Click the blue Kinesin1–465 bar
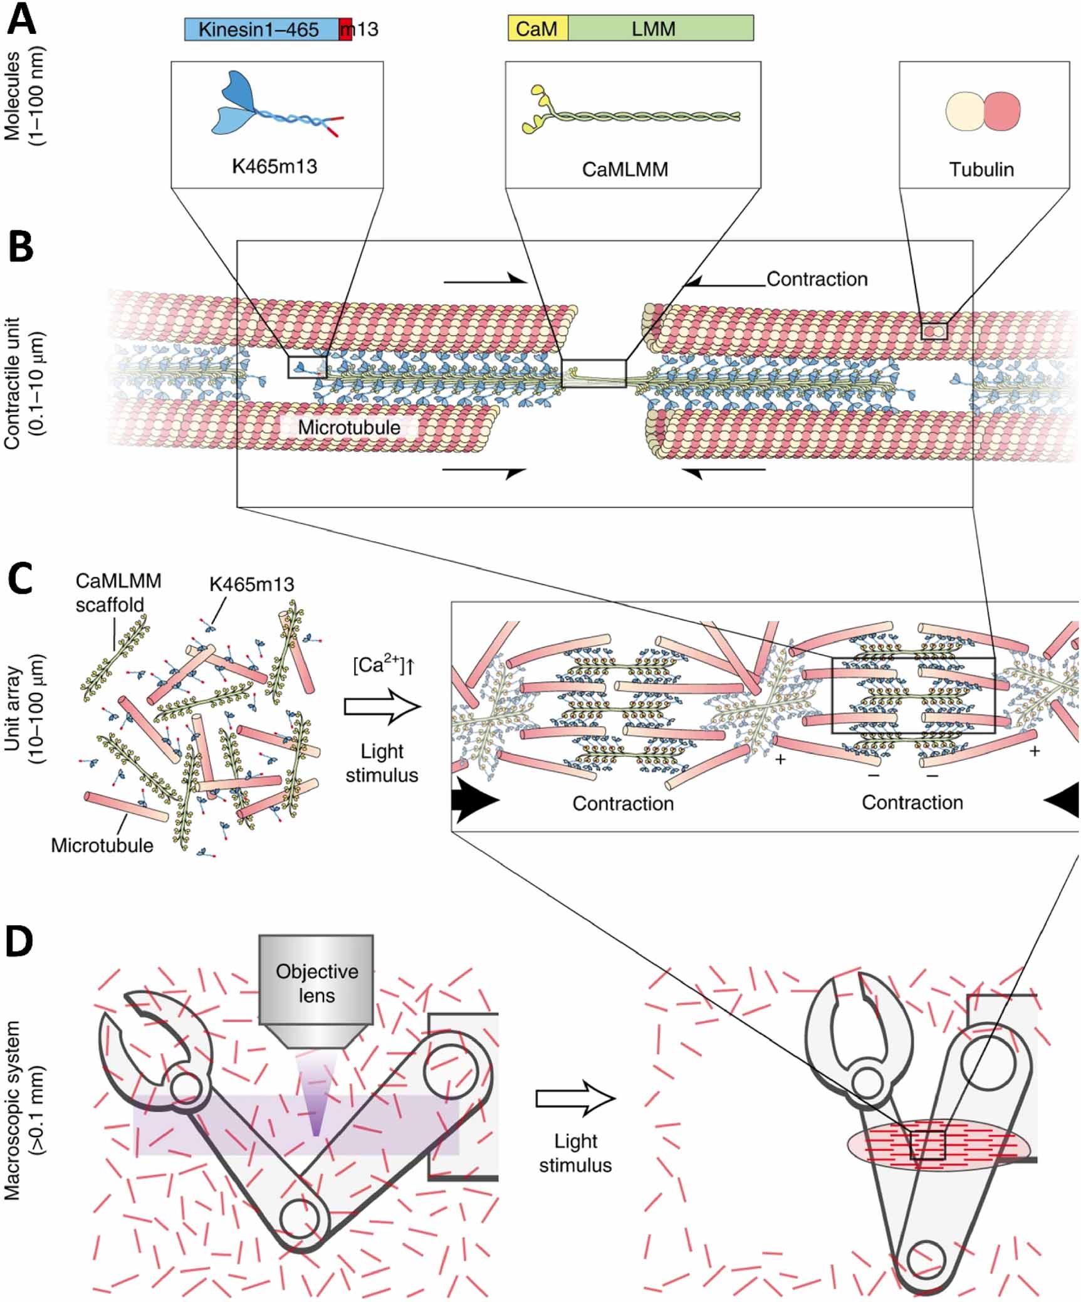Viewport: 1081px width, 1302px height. (260, 29)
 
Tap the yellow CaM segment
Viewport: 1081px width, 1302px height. (537, 29)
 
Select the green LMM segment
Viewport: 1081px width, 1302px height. (659, 29)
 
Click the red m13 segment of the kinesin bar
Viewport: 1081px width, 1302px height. (345, 29)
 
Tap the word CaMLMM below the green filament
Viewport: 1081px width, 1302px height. (625, 169)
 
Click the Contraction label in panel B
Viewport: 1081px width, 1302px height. (817, 279)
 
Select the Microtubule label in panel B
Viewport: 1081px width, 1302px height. (348, 428)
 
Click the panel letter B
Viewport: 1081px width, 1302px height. (21, 248)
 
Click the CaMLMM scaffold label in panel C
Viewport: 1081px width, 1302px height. (117, 592)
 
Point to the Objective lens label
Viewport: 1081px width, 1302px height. (316, 983)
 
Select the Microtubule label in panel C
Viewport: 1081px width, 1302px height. (102, 845)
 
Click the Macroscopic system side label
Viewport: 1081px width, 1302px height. (21, 1110)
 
